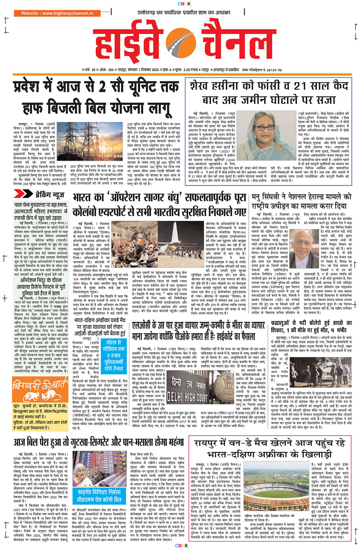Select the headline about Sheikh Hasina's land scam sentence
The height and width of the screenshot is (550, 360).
click(x=270, y=95)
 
